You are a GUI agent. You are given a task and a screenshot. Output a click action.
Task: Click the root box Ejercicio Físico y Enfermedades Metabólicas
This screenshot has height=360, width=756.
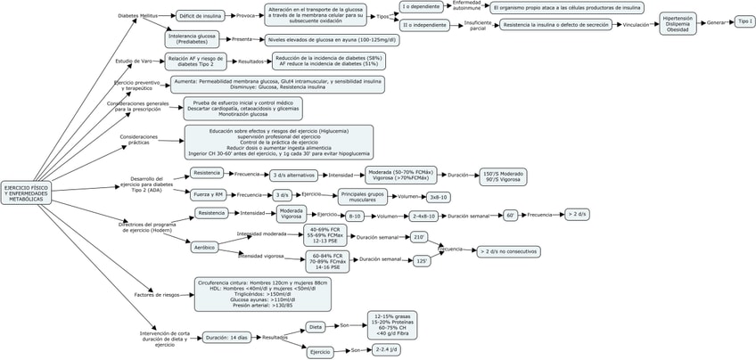[25, 193]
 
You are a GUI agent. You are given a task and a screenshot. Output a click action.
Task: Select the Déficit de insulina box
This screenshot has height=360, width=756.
[199, 16]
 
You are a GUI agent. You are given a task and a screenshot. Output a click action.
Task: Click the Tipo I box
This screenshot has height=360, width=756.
[744, 20]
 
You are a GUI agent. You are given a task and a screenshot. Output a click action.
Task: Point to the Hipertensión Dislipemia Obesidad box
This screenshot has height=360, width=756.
[678, 23]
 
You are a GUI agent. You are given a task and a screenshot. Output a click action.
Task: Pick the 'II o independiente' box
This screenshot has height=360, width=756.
[427, 26]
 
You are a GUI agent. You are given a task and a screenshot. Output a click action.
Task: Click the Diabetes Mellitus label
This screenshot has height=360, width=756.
[137, 15]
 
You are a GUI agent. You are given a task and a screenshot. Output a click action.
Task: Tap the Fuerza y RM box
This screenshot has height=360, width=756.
[207, 194]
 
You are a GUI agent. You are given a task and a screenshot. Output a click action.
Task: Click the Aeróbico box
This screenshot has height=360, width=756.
[203, 247]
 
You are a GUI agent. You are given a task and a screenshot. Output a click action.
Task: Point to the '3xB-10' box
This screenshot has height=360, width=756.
[439, 197]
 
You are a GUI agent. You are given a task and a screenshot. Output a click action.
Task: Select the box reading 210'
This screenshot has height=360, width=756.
[420, 238]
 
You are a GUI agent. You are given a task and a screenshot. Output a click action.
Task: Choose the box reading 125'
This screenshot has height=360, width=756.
[423, 260]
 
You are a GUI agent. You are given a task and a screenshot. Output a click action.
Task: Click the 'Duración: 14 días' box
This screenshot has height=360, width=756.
[226, 338]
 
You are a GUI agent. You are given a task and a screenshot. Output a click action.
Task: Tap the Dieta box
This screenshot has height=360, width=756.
[316, 327]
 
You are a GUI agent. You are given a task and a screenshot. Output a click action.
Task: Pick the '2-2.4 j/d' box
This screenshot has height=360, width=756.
[387, 350]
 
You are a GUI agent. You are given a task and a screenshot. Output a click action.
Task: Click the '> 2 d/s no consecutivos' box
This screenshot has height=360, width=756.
[509, 252]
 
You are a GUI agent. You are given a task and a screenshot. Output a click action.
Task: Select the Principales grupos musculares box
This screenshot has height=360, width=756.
[362, 196]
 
